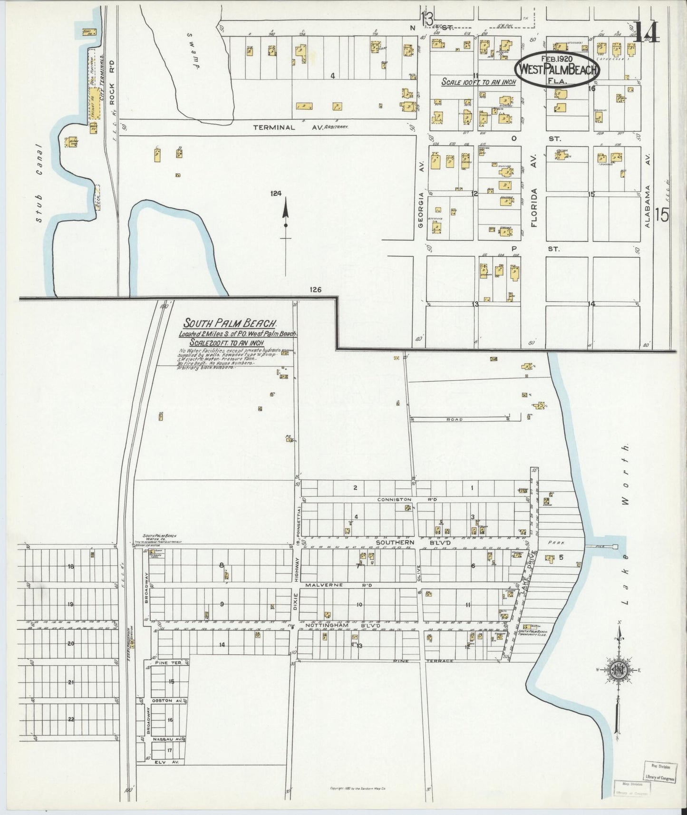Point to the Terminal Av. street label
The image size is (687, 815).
tap(300, 127)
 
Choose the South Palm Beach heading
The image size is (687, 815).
tap(231, 322)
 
